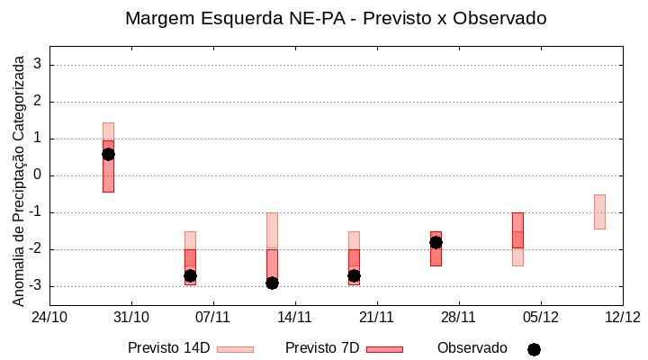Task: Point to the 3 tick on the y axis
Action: click(x=38, y=65)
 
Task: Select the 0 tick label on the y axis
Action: click(x=38, y=175)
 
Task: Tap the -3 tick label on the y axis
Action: click(x=35, y=286)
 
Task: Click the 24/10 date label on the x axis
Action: click(x=49, y=317)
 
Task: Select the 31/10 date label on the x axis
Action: click(x=131, y=317)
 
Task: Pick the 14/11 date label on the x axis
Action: click(x=295, y=317)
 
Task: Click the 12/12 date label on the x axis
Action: click(x=622, y=317)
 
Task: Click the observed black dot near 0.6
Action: click(x=108, y=154)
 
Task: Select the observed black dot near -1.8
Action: click(x=436, y=242)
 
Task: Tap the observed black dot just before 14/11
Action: click(x=272, y=283)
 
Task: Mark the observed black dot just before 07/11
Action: click(x=190, y=275)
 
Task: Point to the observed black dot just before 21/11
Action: click(x=354, y=275)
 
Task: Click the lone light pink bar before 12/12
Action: click(x=599, y=211)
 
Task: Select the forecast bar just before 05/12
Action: click(x=517, y=230)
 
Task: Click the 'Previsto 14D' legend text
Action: click(x=168, y=348)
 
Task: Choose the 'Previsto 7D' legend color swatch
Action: click(x=384, y=349)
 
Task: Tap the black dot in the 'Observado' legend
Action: click(x=534, y=349)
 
